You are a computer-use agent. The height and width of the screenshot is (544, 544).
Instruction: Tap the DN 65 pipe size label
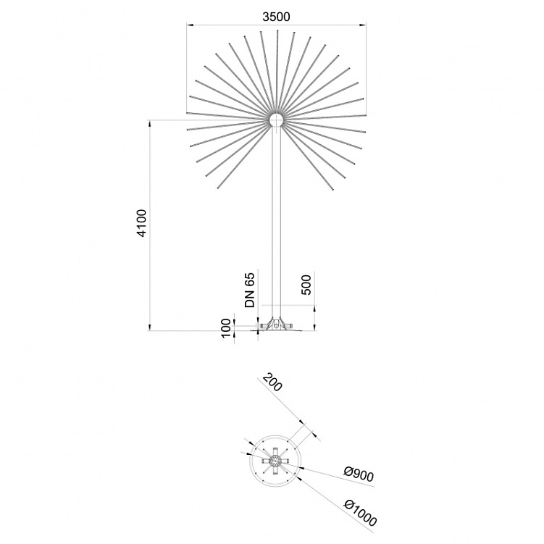click(251, 290)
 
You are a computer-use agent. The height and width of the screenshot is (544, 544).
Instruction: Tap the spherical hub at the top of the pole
click(277, 121)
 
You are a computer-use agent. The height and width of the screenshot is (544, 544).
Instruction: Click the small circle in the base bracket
click(276, 326)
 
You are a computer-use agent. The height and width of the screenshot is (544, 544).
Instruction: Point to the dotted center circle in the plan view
click(275, 461)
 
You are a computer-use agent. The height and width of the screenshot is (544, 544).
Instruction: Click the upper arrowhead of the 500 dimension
click(315, 308)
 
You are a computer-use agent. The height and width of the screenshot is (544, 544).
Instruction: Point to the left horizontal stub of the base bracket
click(261, 327)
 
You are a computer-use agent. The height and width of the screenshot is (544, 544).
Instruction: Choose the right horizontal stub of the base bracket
click(290, 327)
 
